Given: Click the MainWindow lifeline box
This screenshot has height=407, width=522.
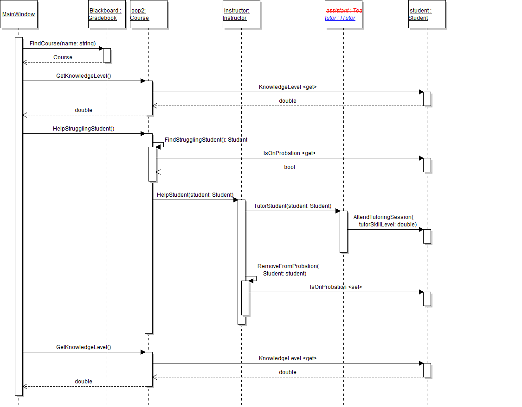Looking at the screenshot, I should (19, 14).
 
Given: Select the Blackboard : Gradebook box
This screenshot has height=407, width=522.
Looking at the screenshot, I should (107, 14).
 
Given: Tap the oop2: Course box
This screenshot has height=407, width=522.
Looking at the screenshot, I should (148, 14).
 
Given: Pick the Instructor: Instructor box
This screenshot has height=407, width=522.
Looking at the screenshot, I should (241, 14).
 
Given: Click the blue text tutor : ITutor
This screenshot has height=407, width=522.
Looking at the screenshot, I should (340, 18).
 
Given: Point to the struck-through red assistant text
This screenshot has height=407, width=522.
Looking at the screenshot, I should (344, 10).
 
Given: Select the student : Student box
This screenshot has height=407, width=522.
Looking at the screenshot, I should (427, 14).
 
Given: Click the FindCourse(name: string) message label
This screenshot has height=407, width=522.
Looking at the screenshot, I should (63, 44).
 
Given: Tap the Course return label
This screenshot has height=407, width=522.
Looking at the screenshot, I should (63, 57).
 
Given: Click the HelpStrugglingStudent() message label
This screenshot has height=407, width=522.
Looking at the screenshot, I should (84, 129).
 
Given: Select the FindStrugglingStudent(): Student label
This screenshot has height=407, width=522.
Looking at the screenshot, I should (206, 139).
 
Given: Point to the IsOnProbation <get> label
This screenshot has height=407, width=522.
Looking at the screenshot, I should (290, 153).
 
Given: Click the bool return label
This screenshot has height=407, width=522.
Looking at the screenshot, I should (290, 167).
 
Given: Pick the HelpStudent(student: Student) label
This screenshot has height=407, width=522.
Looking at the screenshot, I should (195, 195).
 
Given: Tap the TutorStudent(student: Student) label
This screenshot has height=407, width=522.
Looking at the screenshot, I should (292, 206).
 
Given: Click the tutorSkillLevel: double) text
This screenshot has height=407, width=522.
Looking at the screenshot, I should (387, 224).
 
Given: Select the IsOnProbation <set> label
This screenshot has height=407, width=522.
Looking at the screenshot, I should (336, 287).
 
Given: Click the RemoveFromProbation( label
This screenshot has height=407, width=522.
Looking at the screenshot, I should (288, 266).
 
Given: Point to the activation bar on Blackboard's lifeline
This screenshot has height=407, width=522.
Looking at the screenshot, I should (107, 55).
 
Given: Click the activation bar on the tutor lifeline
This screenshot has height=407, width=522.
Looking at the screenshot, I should (343, 232).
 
